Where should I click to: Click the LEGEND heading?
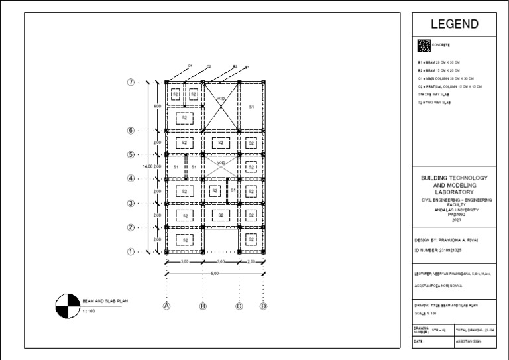(455, 25)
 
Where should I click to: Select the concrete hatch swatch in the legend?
(424, 46)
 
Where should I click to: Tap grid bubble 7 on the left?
(131, 82)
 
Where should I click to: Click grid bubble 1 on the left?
(131, 251)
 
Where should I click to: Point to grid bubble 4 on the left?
(131, 178)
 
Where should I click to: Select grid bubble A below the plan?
(167, 306)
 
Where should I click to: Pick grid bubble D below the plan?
(263, 306)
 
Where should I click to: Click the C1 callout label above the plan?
(190, 66)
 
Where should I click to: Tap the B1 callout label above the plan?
(247, 67)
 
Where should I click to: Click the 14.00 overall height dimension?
(147, 166)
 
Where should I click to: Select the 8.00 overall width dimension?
(215, 272)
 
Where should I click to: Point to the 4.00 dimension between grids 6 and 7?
(157, 106)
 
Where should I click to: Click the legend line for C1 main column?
(445, 78)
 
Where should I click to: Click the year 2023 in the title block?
(454, 219)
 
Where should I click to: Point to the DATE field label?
(419, 341)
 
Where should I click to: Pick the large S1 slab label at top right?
(251, 106)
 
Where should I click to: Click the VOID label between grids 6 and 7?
(221, 99)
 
